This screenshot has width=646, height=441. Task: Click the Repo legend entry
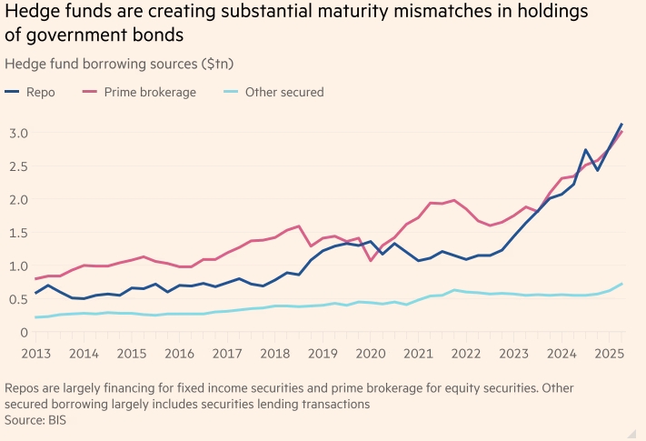[40, 92]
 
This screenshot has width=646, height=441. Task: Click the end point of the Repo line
[621, 124]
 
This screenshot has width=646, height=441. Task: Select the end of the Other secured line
[621, 284]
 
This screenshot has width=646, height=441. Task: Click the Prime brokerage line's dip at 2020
[371, 261]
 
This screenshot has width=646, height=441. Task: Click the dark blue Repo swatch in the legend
[12, 92]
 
